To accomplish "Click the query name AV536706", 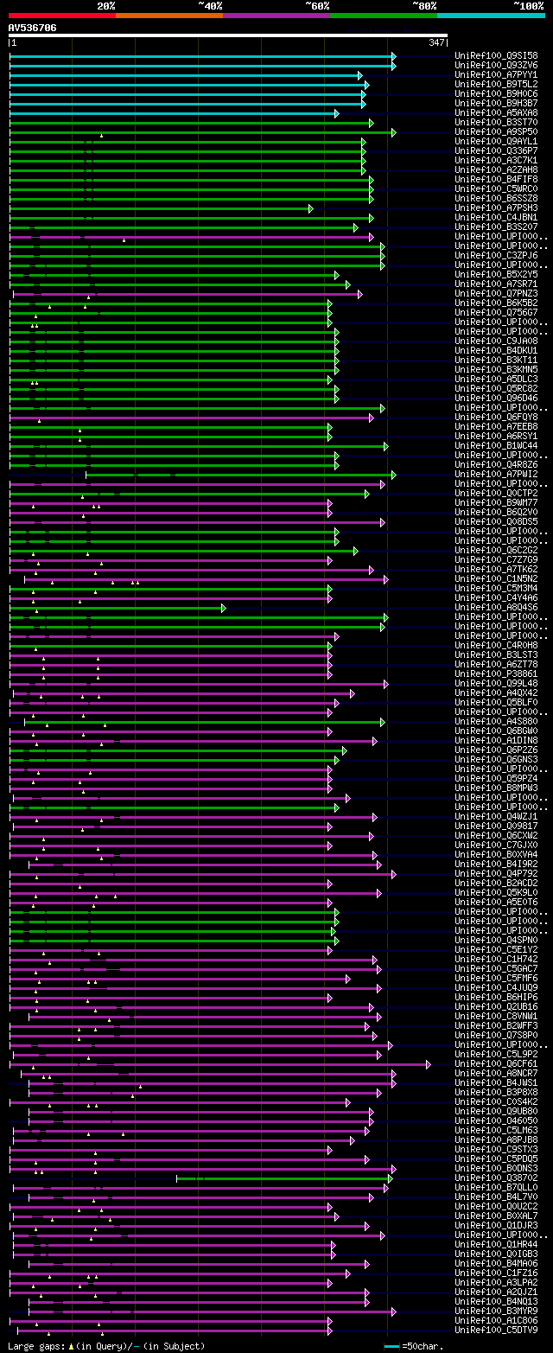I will point(32,28).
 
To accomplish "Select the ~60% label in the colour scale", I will point(317,5).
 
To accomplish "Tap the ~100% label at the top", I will point(528,5).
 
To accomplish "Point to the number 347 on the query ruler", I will point(435,42).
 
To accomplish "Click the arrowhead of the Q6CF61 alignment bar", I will point(427,1063).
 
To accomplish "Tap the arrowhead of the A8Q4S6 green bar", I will point(223,607).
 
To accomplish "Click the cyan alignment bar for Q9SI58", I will point(199,55).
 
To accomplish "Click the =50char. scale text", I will point(423,1346).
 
